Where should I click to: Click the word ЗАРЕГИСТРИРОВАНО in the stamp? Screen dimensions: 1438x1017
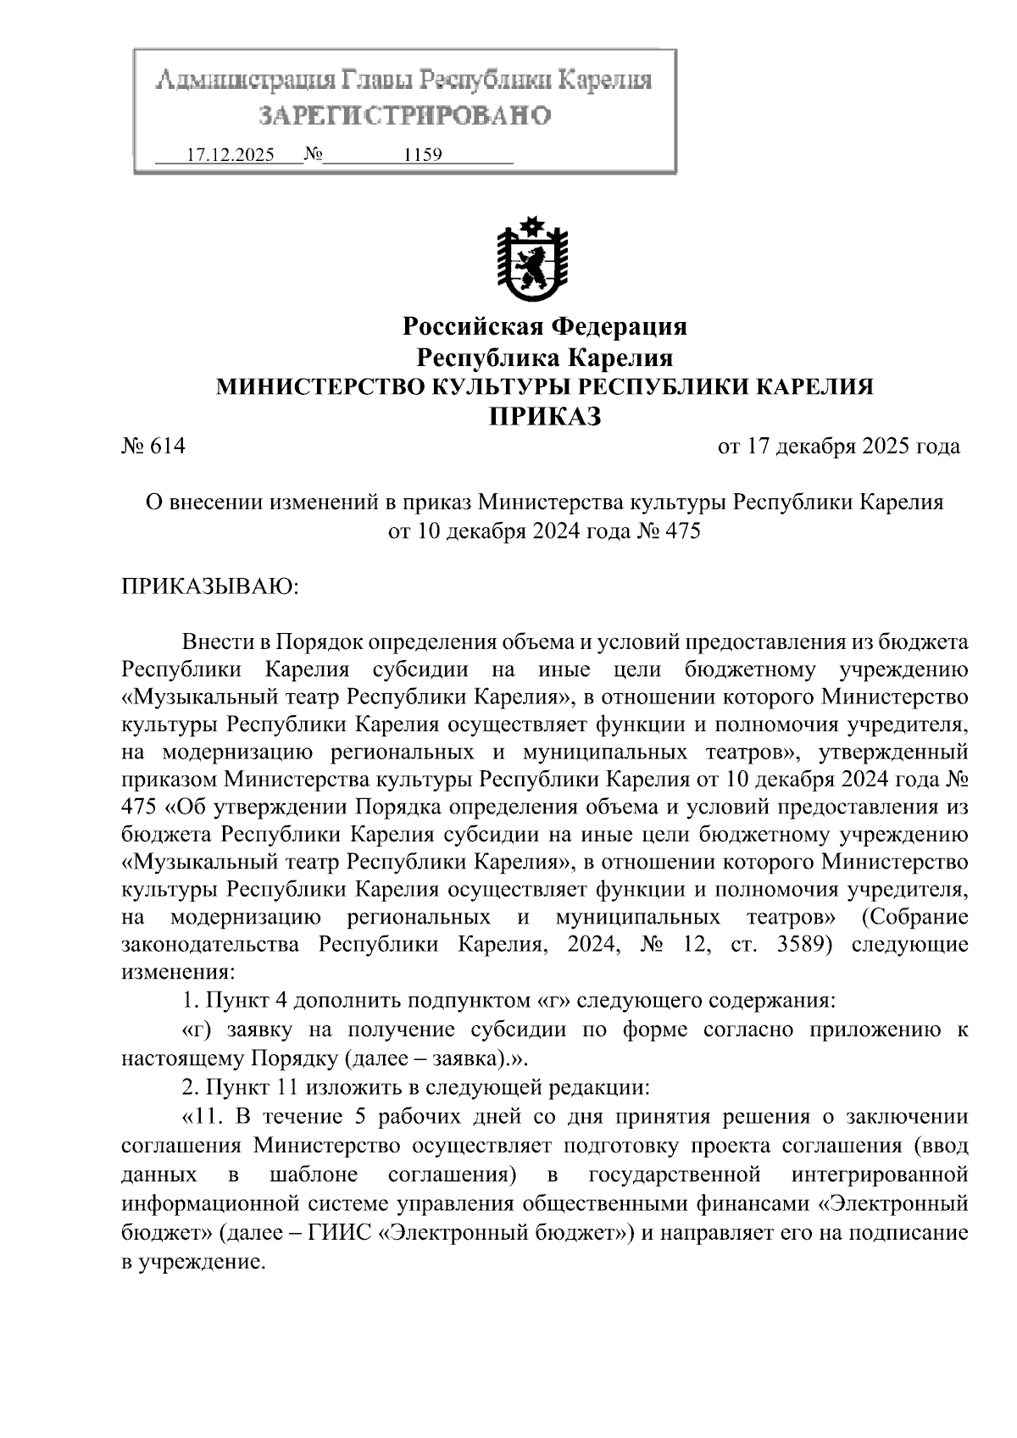click(404, 115)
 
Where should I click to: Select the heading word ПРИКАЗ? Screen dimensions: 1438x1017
click(544, 416)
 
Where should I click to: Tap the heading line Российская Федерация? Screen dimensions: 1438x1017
click(544, 326)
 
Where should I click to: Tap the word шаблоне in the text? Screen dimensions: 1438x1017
click(314, 1175)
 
